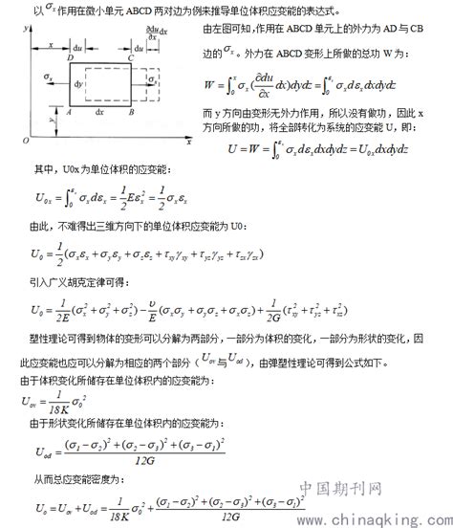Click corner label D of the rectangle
(72, 57)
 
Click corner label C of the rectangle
(132, 57)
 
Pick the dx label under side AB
(100, 112)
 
